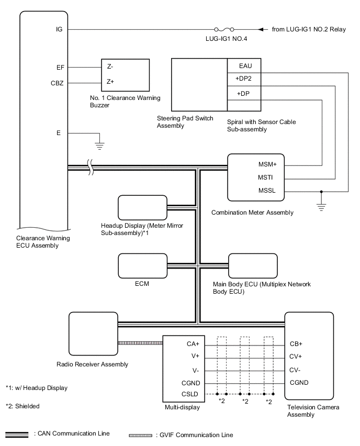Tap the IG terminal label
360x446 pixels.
tap(59, 29)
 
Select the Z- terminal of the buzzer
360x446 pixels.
tap(110, 68)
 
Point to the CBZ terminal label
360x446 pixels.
tap(57, 82)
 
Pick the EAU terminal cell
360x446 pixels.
tap(244, 65)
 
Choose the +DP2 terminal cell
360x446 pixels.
tap(244, 79)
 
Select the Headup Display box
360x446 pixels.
tap(141, 208)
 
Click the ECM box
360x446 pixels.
tap(142, 266)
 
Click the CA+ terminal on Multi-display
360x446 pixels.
tap(192, 344)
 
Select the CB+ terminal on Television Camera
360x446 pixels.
tap(296, 344)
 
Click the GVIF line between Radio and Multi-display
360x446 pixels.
tap(141, 343)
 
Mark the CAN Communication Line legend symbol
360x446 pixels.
tap(17, 434)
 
